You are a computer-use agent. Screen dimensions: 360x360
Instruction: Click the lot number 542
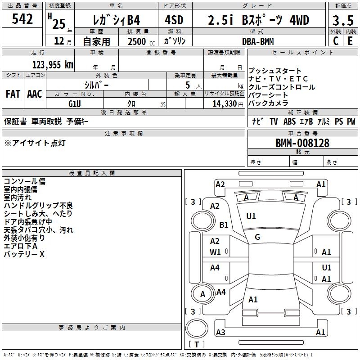tap(22, 19)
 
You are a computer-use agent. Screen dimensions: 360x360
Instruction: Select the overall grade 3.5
tap(343, 20)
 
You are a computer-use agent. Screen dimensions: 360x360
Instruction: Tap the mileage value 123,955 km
tap(53, 65)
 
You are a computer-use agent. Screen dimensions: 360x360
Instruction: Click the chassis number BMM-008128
tap(302, 143)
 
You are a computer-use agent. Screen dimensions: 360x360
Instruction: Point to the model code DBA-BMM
tap(258, 41)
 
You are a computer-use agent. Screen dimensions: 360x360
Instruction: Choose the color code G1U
tap(75, 104)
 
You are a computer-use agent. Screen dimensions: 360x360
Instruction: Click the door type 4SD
tap(174, 20)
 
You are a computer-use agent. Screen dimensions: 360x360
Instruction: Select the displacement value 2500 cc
tap(141, 41)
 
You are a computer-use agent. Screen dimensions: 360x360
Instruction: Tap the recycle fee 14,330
tap(225, 104)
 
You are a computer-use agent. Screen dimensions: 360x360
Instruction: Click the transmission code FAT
tap(13, 94)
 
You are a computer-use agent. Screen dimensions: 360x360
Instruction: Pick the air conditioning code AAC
tap(35, 94)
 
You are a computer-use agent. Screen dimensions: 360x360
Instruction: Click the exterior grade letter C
tap(336, 41)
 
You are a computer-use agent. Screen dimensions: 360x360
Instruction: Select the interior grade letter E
tap(350, 41)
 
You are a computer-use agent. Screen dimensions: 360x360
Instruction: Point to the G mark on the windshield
tap(257, 237)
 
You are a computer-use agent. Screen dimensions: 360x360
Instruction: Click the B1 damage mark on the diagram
tap(224, 225)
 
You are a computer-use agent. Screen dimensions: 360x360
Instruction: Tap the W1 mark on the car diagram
tap(215, 252)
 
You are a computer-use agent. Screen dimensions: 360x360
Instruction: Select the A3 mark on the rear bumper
tap(220, 332)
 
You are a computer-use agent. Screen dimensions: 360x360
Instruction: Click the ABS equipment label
tap(289, 121)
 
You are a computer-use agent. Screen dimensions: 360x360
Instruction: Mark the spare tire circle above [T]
tap(197, 328)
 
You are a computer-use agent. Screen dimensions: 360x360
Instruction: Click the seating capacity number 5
tap(188, 85)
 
